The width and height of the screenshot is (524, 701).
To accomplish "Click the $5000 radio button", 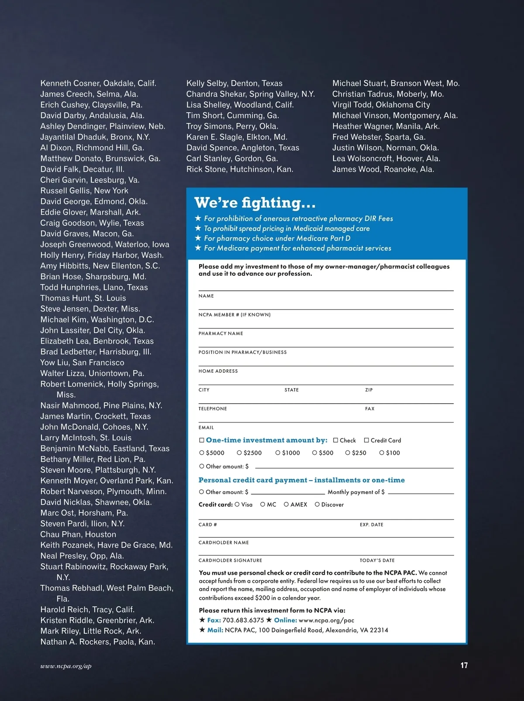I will [202, 453].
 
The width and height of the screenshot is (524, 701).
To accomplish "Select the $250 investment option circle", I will [348, 453].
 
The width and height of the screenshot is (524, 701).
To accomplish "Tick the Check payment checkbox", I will [336, 440].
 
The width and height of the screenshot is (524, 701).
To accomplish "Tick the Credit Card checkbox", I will [366, 440].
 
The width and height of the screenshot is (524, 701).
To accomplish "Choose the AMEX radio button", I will [286, 504].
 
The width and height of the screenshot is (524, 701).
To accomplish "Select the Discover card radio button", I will [317, 504].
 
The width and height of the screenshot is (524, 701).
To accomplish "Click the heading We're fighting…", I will [255, 203].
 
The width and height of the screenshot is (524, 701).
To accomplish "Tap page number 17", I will [464, 665].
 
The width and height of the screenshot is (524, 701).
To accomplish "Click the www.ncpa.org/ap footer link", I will [66, 666].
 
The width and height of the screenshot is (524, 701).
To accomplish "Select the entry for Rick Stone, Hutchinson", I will [240, 169].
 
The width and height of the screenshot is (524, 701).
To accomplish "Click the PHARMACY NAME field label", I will [221, 333].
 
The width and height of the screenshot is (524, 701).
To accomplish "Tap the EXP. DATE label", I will [372, 525].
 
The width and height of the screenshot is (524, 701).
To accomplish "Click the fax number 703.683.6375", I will [243, 620].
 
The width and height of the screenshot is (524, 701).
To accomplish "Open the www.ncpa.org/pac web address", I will [326, 620].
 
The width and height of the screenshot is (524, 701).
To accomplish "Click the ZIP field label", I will [369, 390].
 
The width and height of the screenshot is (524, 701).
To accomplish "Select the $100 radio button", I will [382, 453].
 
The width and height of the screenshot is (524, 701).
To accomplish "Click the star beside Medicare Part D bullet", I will [198, 238].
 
